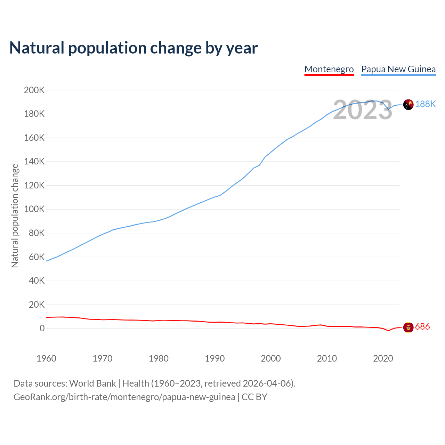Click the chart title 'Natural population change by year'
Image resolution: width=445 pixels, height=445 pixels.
tap(133, 48)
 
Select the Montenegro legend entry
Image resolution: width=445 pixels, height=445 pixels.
tap(329, 69)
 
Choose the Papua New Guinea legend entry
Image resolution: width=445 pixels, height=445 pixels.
tap(398, 69)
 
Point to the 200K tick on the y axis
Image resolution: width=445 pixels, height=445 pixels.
tap(34, 90)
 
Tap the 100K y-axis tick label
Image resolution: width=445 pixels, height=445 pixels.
tap(34, 209)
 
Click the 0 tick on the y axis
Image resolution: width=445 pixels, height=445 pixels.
tap(42, 329)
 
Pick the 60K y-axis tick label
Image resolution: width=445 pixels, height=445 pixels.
tap(37, 257)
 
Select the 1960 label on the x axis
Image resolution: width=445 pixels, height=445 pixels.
tap(46, 358)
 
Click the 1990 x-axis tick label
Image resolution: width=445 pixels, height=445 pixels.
tap(215, 358)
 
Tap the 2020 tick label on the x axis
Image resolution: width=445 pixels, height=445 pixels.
tap(383, 358)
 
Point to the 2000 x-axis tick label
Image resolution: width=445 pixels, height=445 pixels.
tap(271, 358)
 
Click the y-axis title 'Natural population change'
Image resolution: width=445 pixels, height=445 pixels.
tap(15, 216)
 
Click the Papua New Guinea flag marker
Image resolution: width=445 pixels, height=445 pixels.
tap(408, 104)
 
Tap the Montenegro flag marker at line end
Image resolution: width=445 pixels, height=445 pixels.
tap(408, 327)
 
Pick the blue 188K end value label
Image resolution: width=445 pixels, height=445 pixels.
tap(426, 104)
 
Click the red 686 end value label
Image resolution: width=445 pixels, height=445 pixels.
tap(422, 327)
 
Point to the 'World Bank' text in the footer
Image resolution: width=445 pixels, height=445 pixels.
tap(92, 383)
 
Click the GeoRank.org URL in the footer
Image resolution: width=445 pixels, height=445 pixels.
tap(124, 397)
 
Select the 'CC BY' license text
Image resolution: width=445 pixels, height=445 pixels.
tap(254, 397)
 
